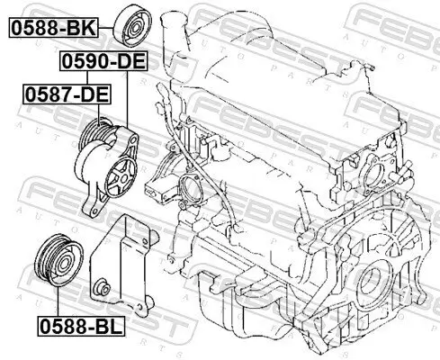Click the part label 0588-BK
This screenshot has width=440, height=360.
point(53,28)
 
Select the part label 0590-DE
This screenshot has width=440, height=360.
point(103,61)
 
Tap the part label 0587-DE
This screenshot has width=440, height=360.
point(67,94)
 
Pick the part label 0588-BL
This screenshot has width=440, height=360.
point(81,326)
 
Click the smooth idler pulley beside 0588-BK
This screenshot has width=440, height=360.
point(133,26)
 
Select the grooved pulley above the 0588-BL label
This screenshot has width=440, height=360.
point(59,260)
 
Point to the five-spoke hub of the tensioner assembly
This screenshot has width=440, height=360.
point(121,178)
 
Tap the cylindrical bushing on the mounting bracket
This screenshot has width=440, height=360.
point(102,287)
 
